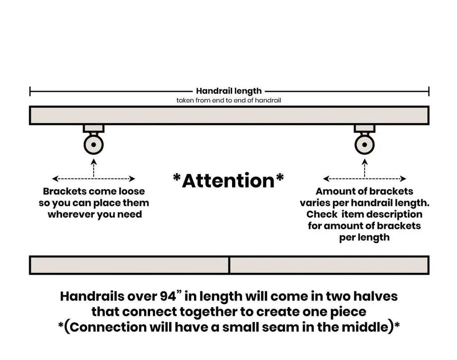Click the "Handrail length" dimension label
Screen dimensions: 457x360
pyautogui.click(x=229, y=91)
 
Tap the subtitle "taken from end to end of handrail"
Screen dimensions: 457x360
pyautogui.click(x=229, y=100)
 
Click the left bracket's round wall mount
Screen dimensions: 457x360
pyautogui.click(x=94, y=145)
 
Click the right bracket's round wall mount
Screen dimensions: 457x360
pyautogui.click(x=365, y=145)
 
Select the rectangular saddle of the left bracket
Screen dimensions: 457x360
pyautogui.click(x=94, y=128)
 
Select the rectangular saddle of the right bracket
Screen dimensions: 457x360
pyautogui.click(x=365, y=128)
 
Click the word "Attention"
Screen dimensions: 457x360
pyautogui.click(x=228, y=181)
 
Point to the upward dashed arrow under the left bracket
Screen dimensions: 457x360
pyautogui.click(x=94, y=168)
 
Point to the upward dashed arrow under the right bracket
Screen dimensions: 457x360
pyautogui.click(x=365, y=168)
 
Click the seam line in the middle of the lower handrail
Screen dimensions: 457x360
pyautogui.click(x=229, y=265)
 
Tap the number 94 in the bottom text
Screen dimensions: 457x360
pyautogui.click(x=168, y=297)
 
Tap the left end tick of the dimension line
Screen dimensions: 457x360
pyautogui.click(x=30, y=91)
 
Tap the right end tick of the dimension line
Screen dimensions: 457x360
pyautogui.click(x=429, y=91)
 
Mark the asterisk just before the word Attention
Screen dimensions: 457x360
pyautogui.click(x=177, y=178)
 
